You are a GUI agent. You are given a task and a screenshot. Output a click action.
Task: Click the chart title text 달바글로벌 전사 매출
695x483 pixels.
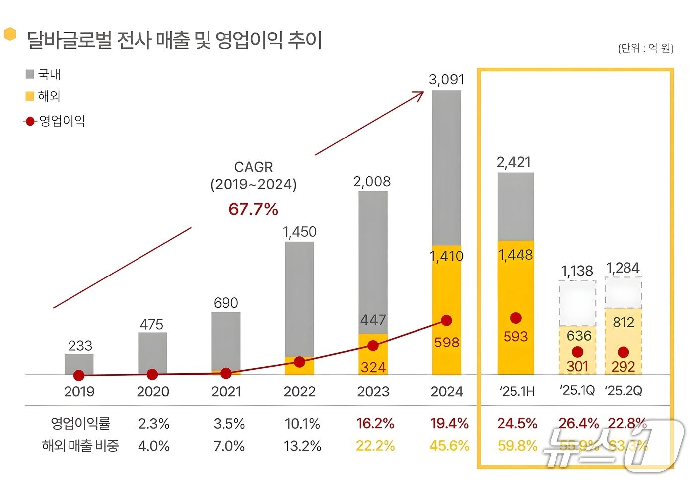[174, 40]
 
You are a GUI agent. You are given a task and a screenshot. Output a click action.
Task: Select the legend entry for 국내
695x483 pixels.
[43, 74]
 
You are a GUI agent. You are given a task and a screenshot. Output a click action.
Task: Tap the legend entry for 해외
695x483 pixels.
[43, 96]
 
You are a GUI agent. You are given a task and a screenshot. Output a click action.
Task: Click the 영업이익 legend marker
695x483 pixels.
[30, 121]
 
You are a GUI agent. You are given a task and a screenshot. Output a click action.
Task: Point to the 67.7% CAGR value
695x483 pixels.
[253, 209]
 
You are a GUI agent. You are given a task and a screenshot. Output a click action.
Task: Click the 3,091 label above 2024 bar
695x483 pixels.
[446, 80]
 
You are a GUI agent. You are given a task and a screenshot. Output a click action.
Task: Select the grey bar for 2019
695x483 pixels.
[79, 363]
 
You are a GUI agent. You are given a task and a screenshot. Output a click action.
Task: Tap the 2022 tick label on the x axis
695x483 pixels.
[299, 392]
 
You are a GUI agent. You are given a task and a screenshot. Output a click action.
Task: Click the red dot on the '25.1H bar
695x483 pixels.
[516, 318]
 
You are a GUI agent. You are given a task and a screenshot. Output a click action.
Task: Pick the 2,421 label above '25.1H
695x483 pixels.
[514, 162]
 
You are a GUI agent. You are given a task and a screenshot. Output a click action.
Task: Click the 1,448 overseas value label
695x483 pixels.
[516, 255]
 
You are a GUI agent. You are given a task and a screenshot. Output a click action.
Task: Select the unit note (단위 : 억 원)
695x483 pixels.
[645, 48]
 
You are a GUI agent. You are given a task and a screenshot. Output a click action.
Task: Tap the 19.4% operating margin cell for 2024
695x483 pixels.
[449, 424]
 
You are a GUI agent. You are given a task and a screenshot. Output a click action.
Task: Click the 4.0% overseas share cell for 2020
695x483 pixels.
[153, 446]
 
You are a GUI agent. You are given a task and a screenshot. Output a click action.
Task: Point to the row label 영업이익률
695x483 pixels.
[80, 424]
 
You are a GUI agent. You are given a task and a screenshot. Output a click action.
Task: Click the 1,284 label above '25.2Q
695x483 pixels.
[623, 268]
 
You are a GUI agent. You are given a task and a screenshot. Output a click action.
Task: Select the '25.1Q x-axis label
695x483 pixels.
[577, 391]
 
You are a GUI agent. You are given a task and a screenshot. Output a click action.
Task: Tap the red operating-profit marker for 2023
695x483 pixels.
[373, 345]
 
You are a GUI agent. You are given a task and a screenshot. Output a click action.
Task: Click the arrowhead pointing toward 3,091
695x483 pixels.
[420, 94]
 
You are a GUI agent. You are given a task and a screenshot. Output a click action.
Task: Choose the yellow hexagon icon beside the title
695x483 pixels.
[10, 34]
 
